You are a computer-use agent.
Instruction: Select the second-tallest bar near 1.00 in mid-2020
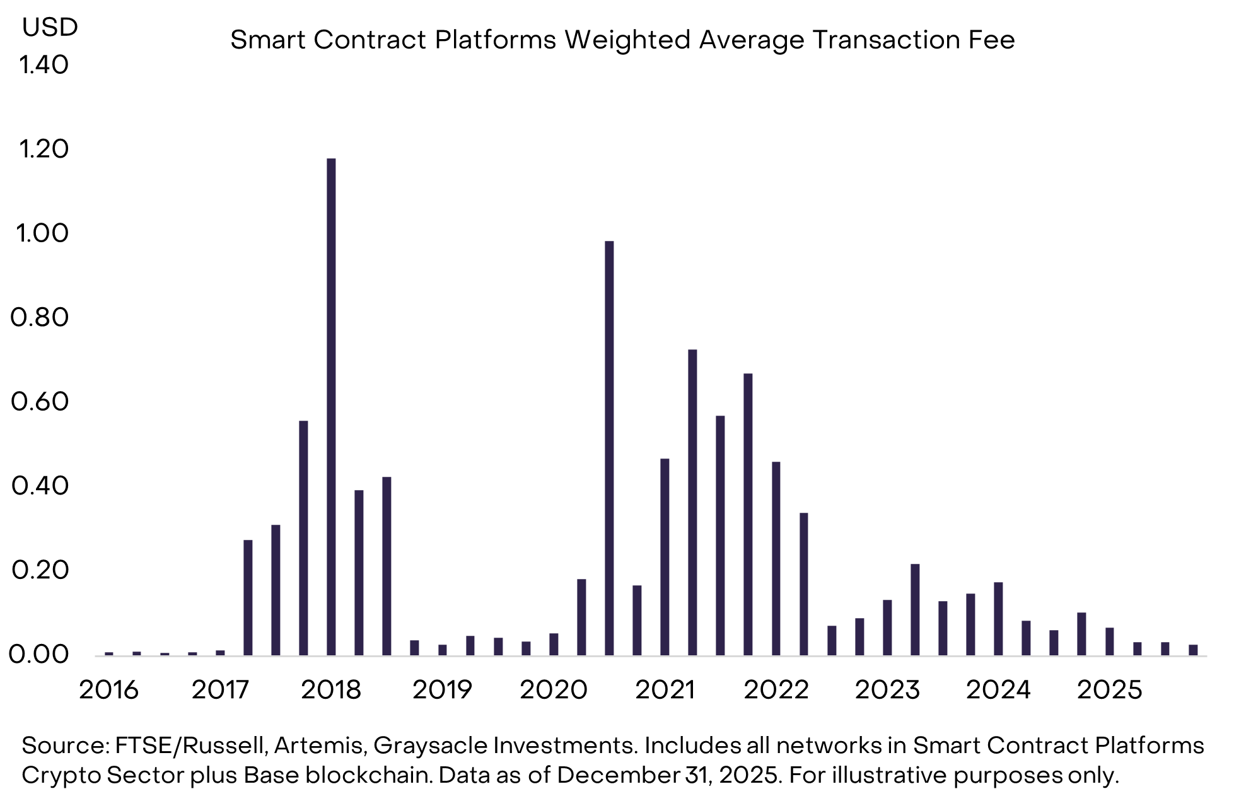tap(609, 448)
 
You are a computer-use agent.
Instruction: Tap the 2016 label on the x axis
tap(108, 690)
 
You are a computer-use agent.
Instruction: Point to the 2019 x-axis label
tap(442, 690)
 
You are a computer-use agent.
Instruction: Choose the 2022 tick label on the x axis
tap(776, 690)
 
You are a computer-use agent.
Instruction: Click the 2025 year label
tap(1110, 690)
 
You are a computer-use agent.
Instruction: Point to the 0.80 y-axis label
tap(40, 317)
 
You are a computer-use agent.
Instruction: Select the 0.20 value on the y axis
tap(40, 570)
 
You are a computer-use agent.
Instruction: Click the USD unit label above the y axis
tap(50, 27)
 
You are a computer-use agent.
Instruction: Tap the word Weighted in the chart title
tap(627, 40)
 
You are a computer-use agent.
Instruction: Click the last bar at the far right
tap(1193, 650)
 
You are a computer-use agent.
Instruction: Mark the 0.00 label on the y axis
tap(38, 655)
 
